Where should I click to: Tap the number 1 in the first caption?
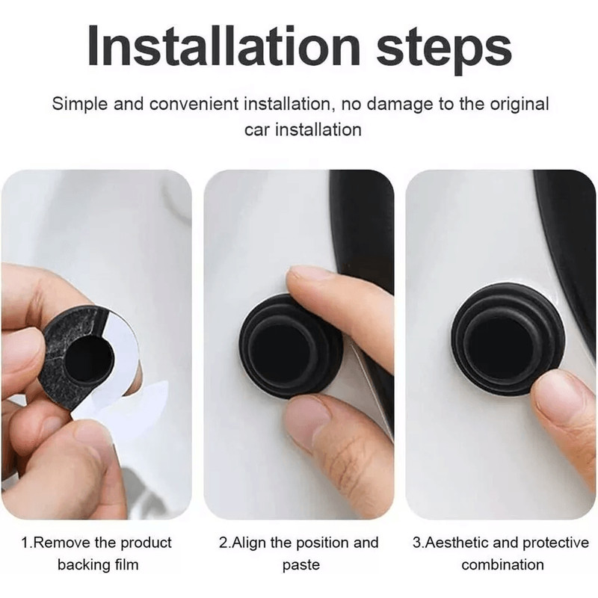[24, 543]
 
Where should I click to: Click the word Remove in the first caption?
[61, 543]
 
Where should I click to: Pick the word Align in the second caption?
[253, 543]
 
